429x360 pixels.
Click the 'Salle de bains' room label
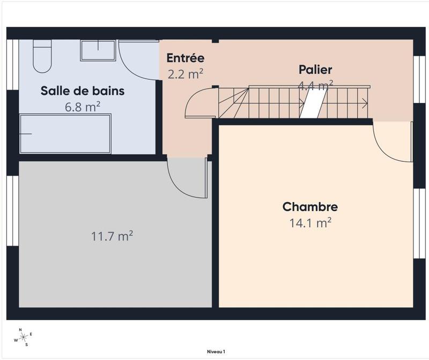(x=83, y=91)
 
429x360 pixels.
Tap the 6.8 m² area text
(x=83, y=107)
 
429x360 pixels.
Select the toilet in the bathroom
(x=42, y=56)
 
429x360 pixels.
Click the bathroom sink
(x=98, y=50)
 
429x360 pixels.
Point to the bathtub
(x=65, y=133)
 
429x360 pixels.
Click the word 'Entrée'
(x=185, y=58)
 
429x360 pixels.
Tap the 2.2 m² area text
(x=185, y=74)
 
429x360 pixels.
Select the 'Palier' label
(x=315, y=70)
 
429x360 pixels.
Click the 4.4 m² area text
(x=315, y=84)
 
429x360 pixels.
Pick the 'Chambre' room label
(x=310, y=207)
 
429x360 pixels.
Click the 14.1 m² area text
(x=310, y=222)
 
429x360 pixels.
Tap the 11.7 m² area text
(x=112, y=236)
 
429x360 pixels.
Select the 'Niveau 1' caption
(x=216, y=351)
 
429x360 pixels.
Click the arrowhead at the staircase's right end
(x=365, y=103)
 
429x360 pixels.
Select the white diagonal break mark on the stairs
(x=313, y=103)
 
